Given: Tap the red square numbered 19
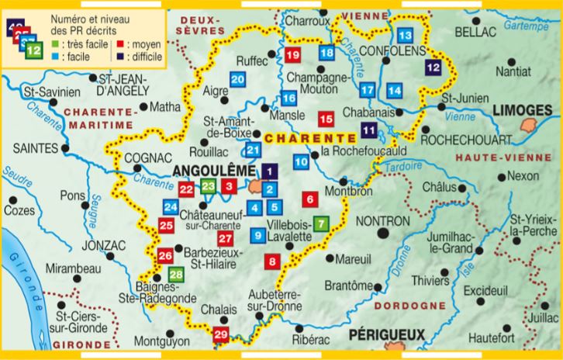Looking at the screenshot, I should click(292, 55).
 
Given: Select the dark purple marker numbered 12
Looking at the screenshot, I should click(434, 67).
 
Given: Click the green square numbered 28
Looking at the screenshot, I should click(176, 273).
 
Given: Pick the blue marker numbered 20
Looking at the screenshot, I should click(237, 79).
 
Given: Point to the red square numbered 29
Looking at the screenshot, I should click(221, 335).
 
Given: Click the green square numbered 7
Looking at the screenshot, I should click(322, 223).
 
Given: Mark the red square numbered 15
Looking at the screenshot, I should click(326, 118).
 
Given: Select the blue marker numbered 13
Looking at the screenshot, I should click(405, 36).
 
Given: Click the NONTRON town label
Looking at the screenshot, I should click(382, 222).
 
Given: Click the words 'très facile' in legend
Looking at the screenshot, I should click(79, 43).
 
